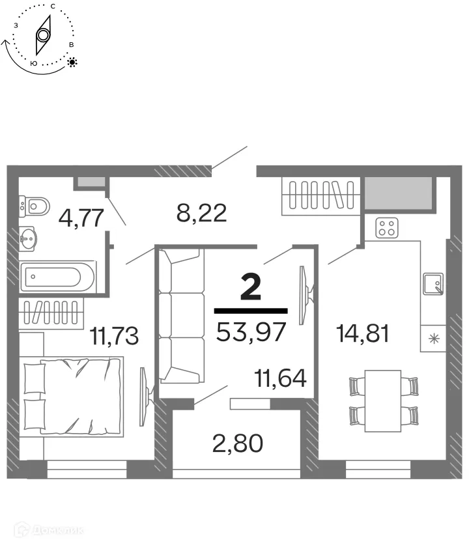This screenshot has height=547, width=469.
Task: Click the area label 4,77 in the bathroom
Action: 81,217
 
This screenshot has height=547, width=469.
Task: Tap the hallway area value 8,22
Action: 202,212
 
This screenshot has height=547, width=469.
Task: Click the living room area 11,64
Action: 281,378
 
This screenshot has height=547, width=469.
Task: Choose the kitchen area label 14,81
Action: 363,333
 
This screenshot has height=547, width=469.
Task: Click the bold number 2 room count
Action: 251,287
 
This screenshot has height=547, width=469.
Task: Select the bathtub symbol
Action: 57,278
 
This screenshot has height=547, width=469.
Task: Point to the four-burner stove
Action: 387,228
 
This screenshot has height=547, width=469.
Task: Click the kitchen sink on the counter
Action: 433,283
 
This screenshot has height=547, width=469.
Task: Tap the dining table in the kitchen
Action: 382,400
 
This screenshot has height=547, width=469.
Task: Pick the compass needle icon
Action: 43,36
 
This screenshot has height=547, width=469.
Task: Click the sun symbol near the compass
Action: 72,63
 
